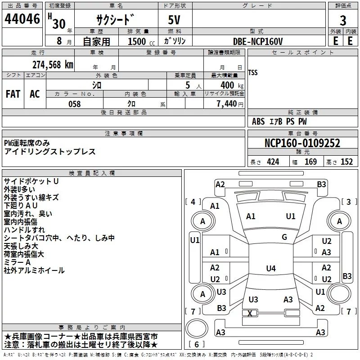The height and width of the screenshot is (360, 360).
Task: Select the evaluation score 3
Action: click(343, 21)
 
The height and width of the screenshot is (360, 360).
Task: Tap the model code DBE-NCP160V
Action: click(259, 41)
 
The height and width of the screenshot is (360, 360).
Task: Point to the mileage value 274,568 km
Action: click(53, 64)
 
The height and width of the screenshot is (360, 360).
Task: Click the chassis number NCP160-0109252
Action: click(302, 144)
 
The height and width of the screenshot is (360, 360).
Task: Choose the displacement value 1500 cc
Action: click(140, 41)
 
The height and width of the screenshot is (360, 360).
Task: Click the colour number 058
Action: click(74, 104)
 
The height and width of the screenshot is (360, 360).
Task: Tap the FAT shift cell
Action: click(13, 94)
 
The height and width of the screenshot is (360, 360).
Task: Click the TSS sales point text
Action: click(253, 72)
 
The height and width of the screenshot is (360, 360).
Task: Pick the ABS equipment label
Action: click(258, 121)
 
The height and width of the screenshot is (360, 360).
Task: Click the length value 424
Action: click(273, 162)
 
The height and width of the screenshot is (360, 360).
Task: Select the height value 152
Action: click(346, 162)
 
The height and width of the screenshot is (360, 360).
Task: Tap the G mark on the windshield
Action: click(284, 237)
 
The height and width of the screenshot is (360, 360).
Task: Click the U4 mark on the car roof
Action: click(270, 269)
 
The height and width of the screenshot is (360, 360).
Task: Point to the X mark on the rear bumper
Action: click(250, 313)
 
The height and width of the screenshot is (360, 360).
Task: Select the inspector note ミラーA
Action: click(17, 262)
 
